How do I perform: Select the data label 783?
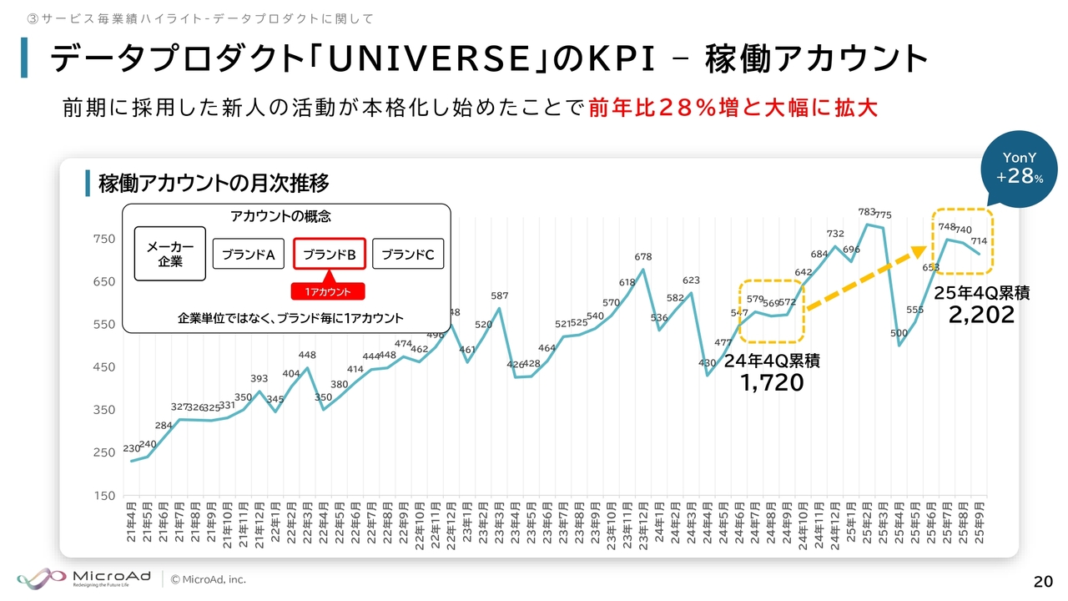pyautogui.click(x=867, y=212)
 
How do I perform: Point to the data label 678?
pyautogui.click(x=642, y=257)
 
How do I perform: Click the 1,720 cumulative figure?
pyautogui.click(x=772, y=382)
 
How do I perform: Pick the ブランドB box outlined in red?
pyautogui.click(x=329, y=255)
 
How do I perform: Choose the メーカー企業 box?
pyautogui.click(x=170, y=254)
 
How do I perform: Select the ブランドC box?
pyautogui.click(x=407, y=255)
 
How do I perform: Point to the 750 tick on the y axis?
pyautogui.click(x=103, y=239)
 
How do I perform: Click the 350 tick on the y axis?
pyautogui.click(x=103, y=410)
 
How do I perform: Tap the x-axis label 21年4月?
pyautogui.click(x=132, y=523)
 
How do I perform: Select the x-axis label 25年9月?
pyautogui.click(x=979, y=523)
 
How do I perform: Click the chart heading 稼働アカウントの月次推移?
pyautogui.click(x=213, y=183)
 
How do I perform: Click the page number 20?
pyautogui.click(x=1042, y=581)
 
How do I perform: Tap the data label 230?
pyautogui.click(x=131, y=448)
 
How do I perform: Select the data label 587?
pyautogui.click(x=499, y=295)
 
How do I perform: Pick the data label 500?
pyautogui.click(x=899, y=333)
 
